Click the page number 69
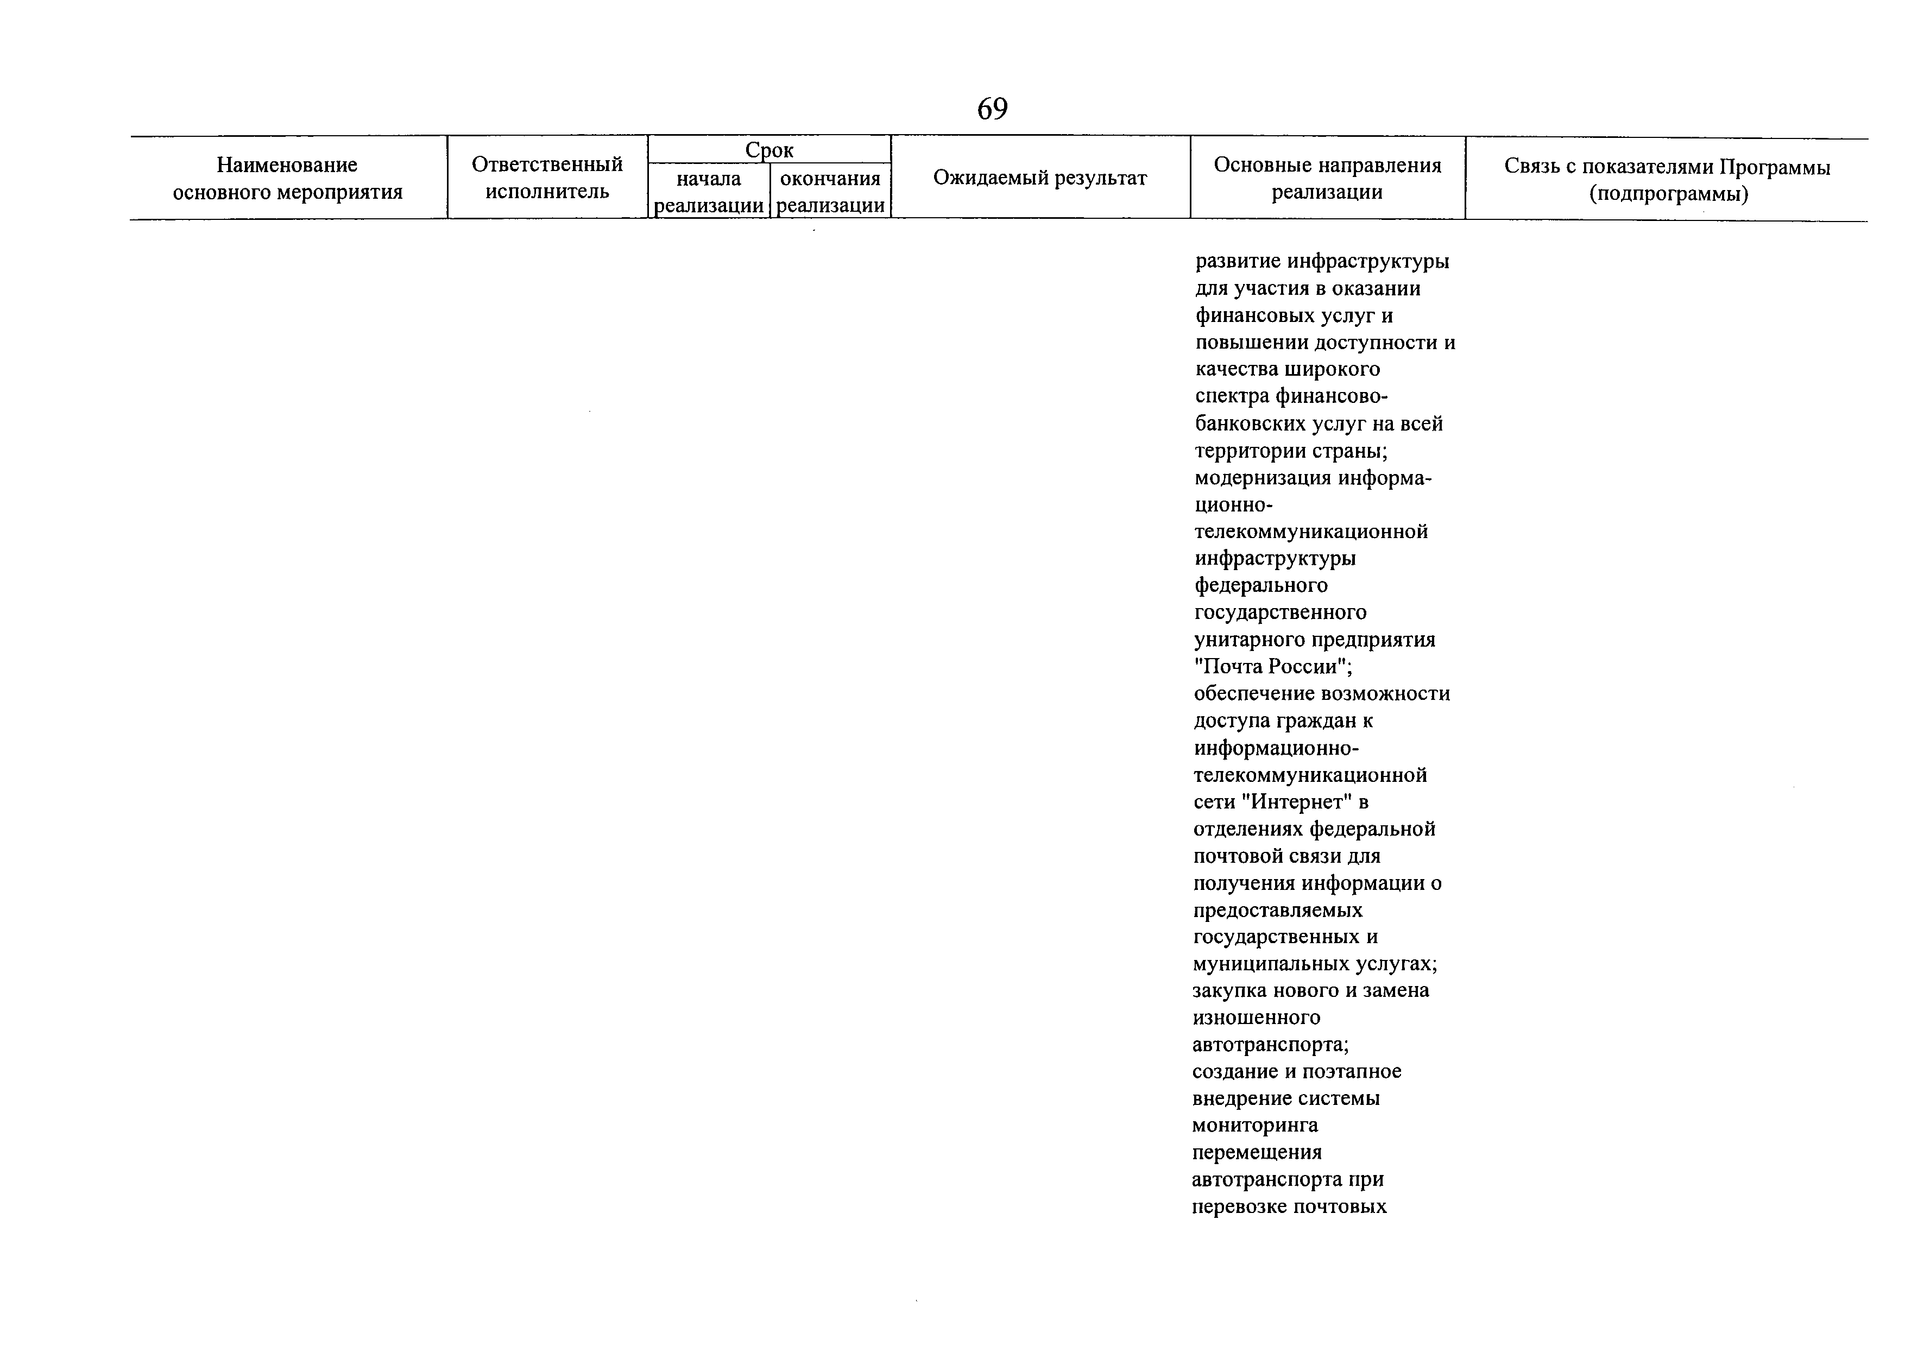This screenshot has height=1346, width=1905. pyautogui.click(x=992, y=109)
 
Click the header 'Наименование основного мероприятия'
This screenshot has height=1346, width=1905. pyautogui.click(x=287, y=178)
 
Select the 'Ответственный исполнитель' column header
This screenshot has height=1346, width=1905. pyautogui.click(x=547, y=178)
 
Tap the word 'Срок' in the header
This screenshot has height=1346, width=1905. pyautogui.click(x=769, y=150)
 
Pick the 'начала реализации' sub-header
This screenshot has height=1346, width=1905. pyautogui.click(x=709, y=192)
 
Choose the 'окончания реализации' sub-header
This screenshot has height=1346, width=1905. pyautogui.click(x=830, y=192)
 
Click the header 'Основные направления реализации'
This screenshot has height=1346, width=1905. pyautogui.click(x=1328, y=178)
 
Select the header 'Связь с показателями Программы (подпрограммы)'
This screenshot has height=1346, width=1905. pyautogui.click(x=1667, y=180)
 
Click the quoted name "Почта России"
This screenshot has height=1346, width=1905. pyautogui.click(x=1270, y=667)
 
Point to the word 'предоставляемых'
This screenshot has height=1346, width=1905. pyautogui.click(x=1278, y=910)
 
